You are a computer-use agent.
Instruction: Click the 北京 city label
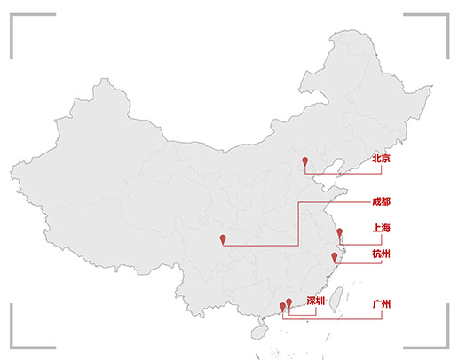pos(381,159)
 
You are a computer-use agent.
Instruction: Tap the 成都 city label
pos(381,202)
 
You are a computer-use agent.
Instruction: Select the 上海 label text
pos(381,228)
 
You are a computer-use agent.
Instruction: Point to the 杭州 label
pos(381,254)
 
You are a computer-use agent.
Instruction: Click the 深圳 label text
pos(316,301)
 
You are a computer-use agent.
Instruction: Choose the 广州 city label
pos(382,304)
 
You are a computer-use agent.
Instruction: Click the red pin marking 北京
pos(305,162)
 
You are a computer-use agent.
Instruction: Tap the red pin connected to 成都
pos(223,239)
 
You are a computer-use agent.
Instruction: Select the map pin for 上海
pos(340,233)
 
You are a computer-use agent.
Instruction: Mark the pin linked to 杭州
pos(335,258)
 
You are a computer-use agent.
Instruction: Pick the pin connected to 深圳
pos(289,303)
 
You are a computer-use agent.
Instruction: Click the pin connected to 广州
pos(282,308)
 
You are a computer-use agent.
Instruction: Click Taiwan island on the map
pos(336,299)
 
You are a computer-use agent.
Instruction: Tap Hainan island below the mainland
pos(259,333)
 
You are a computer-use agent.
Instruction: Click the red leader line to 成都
pos(298,223)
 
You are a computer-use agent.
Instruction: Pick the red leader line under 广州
pos(332,319)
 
